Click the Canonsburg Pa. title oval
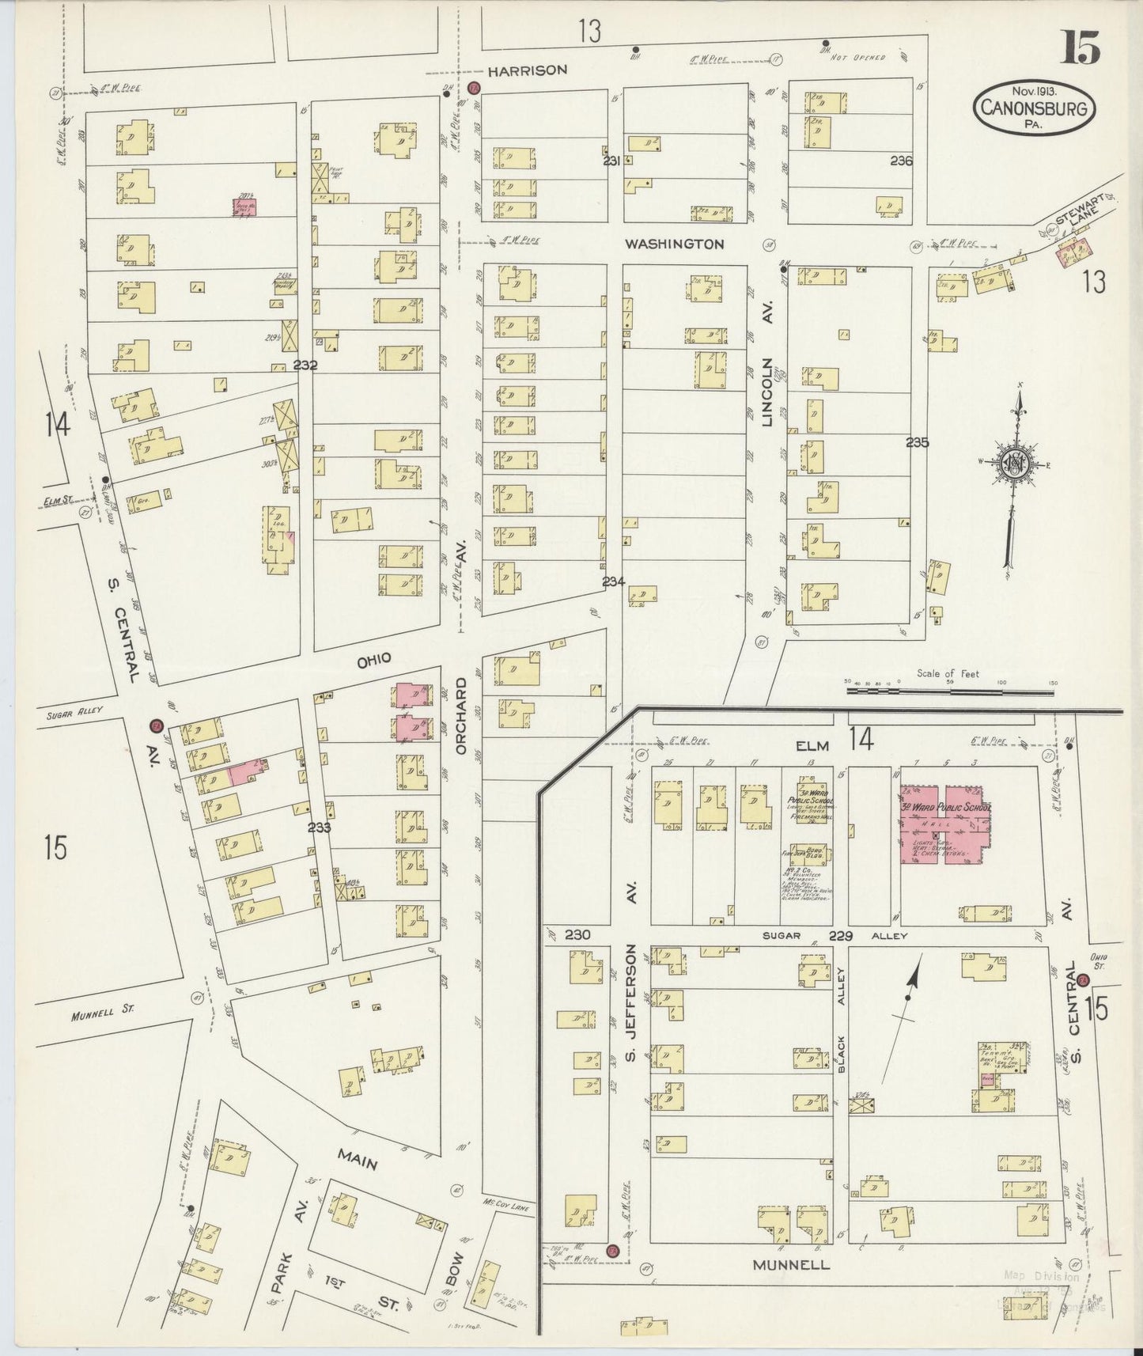coord(1034,108)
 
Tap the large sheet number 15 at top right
coord(1081,49)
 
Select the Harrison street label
coord(527,70)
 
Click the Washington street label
coord(674,244)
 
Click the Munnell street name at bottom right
coord(791,1264)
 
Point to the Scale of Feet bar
coord(949,690)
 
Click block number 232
coord(305,366)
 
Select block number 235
coord(917,442)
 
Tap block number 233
coord(319,828)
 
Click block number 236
coord(901,161)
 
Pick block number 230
coord(577,935)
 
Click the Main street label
coord(357,1160)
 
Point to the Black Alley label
coord(841,1021)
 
